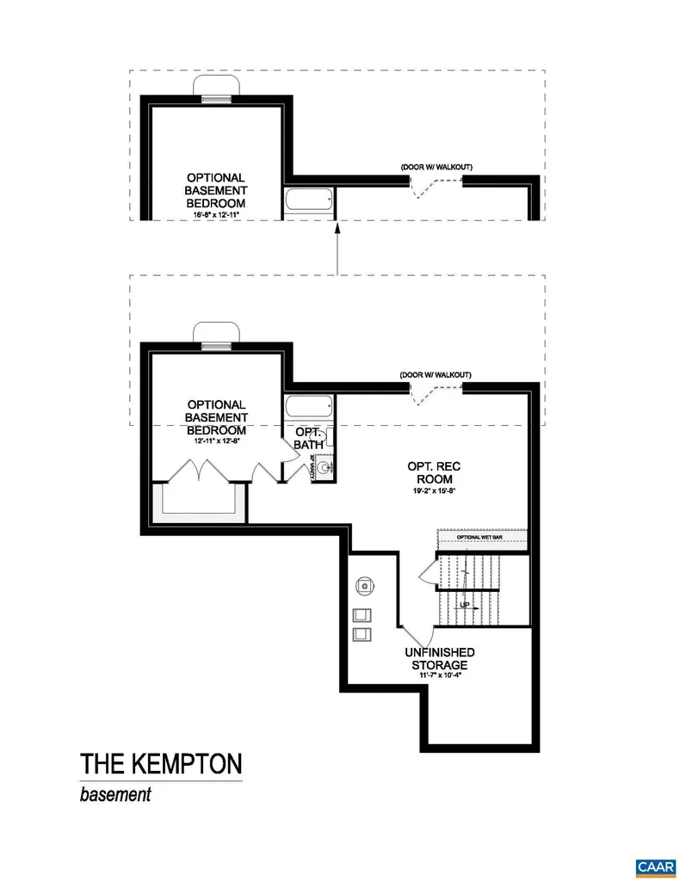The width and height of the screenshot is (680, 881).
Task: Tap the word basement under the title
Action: coord(115,794)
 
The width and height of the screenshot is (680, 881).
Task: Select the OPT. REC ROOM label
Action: coord(430,472)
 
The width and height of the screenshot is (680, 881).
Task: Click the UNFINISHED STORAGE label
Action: coord(439,659)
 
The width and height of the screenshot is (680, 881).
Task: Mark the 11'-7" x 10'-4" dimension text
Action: coord(439,675)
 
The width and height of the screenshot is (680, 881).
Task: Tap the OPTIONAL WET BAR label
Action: coord(482,538)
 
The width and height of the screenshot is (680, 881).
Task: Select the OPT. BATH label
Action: coord(308,438)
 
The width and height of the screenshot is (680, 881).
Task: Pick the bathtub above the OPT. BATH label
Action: coord(309,407)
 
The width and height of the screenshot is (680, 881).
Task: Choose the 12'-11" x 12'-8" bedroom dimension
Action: coord(216,442)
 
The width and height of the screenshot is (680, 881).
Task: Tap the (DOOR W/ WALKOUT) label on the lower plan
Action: coord(436,375)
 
